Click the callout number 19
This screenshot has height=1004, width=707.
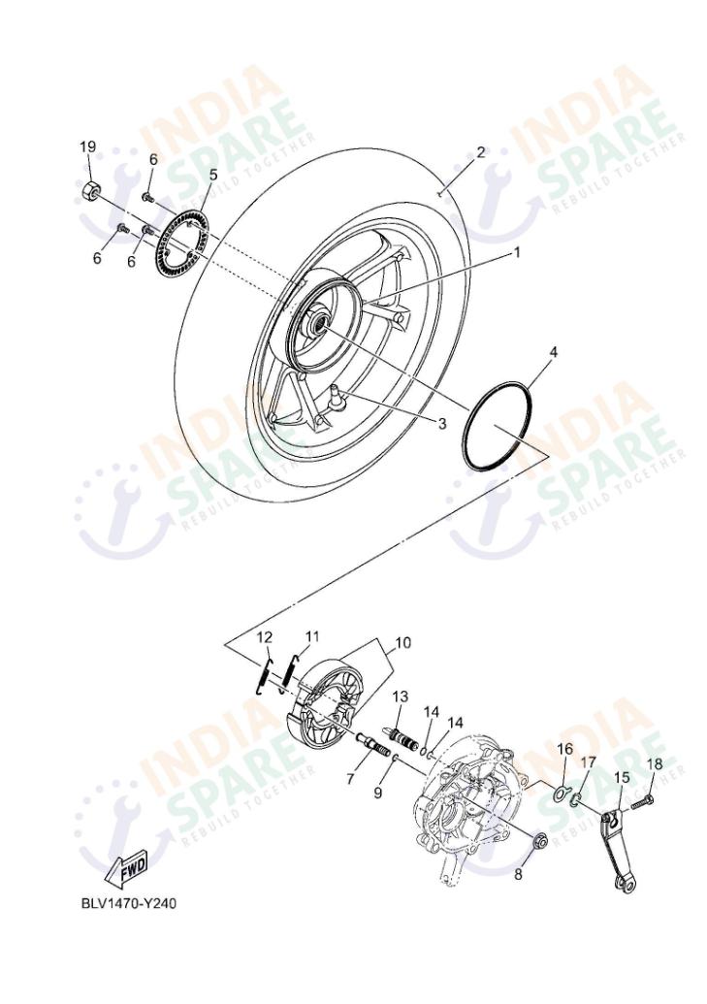tap(87, 146)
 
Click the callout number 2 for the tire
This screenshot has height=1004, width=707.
tap(479, 152)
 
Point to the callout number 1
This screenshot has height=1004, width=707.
tap(517, 252)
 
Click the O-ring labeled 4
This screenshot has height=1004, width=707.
tap(498, 428)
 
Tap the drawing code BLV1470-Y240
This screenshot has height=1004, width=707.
tap(129, 902)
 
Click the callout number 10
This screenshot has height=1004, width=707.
tap(402, 642)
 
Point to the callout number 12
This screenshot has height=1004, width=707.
tap(265, 636)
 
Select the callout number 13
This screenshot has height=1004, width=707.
tap(400, 696)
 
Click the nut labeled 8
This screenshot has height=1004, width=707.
tap(541, 839)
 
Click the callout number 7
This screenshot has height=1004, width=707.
tap(350, 780)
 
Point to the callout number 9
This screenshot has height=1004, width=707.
tap(378, 793)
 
